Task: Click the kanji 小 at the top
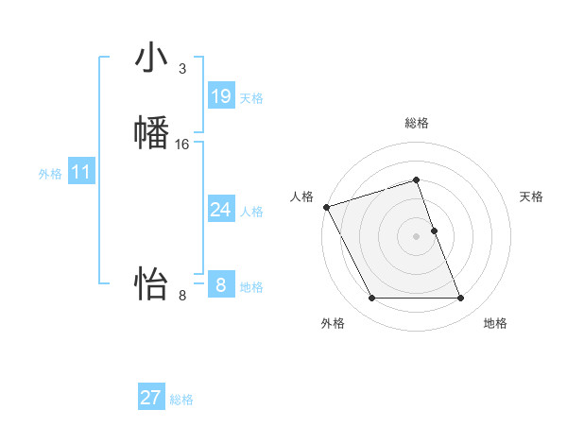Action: (x=151, y=58)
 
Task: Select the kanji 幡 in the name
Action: (x=151, y=132)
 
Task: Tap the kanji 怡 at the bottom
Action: (x=151, y=282)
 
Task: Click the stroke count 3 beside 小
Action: (x=181, y=69)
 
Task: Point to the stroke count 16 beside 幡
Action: (x=182, y=145)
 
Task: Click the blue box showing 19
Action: (x=221, y=96)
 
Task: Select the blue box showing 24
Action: (x=221, y=210)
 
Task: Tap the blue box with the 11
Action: (x=80, y=172)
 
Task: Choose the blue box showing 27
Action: (x=151, y=398)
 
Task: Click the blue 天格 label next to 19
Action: (x=251, y=98)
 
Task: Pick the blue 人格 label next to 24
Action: (x=251, y=212)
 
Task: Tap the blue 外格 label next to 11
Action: (x=50, y=174)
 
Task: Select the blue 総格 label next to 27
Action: (x=181, y=400)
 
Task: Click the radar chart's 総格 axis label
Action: (x=417, y=123)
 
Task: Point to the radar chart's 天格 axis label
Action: (x=531, y=196)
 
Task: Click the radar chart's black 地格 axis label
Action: (x=495, y=323)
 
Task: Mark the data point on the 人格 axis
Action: (x=326, y=207)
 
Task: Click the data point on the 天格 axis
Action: (x=435, y=231)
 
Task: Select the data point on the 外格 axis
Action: (x=371, y=299)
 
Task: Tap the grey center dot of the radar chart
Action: (x=417, y=236)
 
